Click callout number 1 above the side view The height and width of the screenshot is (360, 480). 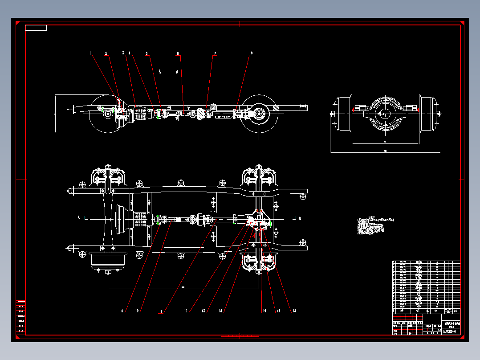coord(90,53)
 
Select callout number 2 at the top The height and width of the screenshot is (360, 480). coord(106,53)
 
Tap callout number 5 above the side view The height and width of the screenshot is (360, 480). coord(146,53)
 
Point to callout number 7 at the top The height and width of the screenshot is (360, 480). coord(215,53)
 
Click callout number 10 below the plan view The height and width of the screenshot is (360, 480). coord(137,311)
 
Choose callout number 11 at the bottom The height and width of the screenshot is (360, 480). coord(161,311)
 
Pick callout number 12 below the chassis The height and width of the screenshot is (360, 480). coord(185,311)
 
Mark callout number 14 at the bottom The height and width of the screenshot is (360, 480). coord(220,311)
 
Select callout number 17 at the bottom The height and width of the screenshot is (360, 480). coord(279,311)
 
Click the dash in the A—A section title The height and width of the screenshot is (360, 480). coord(168,71)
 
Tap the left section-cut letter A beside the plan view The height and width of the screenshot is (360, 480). coord(79,218)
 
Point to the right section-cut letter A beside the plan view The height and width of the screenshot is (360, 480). coord(300,218)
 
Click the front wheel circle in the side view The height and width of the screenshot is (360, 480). coord(107,114)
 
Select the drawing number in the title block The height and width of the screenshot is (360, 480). coord(448,331)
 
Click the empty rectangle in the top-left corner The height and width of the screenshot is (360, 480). coord(36,28)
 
